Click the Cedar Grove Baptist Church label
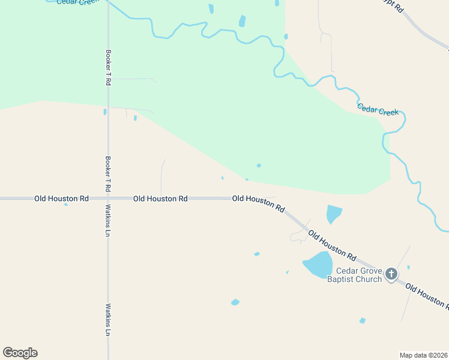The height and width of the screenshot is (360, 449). point(359,275)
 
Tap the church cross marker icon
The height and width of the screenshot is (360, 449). point(391,275)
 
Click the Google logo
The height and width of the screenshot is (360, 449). point(20,353)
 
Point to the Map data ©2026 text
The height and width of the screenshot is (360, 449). point(423,355)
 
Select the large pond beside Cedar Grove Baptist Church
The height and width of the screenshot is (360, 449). point(318,265)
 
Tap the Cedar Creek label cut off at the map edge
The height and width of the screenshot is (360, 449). point(78,2)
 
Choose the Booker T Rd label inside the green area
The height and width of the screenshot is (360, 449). point(108,67)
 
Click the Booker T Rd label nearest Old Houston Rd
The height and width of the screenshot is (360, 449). point(108,174)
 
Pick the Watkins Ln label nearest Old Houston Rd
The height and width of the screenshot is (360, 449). point(108,220)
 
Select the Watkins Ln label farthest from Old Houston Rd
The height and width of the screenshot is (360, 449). point(109,319)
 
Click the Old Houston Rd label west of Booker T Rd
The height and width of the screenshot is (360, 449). point(61,198)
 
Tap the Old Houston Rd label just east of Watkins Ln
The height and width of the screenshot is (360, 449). point(160,198)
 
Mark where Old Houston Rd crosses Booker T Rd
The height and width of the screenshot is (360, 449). point(108,198)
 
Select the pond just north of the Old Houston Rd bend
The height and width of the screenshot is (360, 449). point(333,213)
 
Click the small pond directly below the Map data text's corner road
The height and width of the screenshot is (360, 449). point(362,321)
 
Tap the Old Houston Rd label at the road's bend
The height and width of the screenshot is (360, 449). point(259,203)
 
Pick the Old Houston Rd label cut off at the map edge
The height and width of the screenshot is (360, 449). point(427,296)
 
